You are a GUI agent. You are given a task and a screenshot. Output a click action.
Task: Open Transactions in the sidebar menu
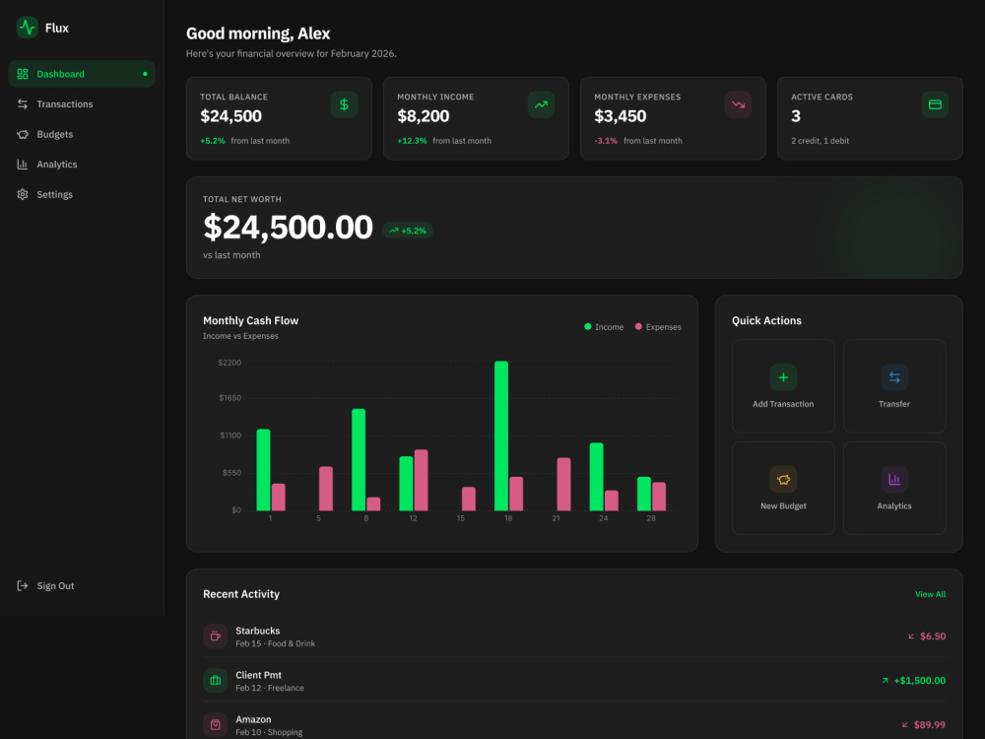coord(64,104)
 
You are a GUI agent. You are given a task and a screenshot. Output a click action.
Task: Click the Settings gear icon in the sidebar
coord(23,195)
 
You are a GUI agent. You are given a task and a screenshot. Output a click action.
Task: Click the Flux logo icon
coord(27,28)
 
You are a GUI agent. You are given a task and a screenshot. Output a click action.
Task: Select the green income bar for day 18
coord(501,436)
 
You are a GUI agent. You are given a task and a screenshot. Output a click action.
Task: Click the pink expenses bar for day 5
coord(326,489)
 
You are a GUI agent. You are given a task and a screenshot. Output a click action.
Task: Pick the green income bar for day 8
coord(359,459)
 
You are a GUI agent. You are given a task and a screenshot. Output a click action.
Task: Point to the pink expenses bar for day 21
coord(564,484)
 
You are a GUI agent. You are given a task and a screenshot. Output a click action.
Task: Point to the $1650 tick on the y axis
coord(230,398)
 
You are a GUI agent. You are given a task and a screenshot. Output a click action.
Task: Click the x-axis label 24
coord(603,518)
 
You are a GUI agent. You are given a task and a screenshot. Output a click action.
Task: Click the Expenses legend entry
coord(658,327)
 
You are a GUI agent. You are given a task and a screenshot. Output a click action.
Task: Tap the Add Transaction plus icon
coord(783,377)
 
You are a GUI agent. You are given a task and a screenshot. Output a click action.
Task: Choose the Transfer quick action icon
coord(894,377)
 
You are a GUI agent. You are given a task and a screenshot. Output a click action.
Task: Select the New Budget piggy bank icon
coord(783,480)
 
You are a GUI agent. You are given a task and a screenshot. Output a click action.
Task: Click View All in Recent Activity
coord(931,594)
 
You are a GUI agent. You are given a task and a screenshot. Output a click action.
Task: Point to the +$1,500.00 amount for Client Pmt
coord(920,681)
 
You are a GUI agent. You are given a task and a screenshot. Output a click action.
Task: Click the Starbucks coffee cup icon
coord(216,636)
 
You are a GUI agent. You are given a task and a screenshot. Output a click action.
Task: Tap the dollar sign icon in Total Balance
coord(344,104)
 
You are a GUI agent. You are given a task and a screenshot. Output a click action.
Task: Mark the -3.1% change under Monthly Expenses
coord(606,141)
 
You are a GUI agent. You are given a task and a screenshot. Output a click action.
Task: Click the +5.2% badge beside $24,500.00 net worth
coord(408,231)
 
